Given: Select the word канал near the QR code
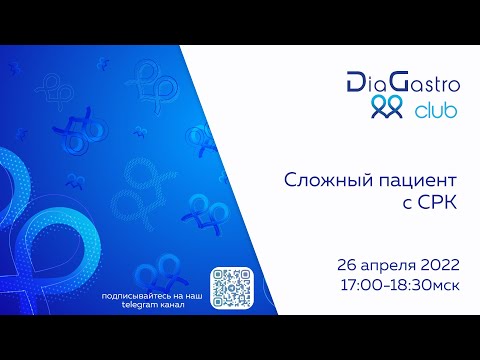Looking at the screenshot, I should coord(184,305).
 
